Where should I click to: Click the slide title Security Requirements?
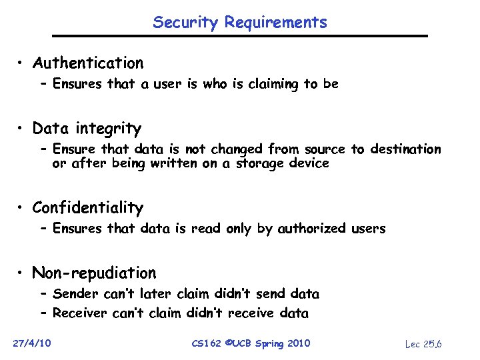[240, 22]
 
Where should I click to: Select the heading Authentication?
[88, 63]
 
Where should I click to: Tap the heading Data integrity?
[87, 128]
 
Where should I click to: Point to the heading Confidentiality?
[87, 208]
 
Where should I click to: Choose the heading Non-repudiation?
[94, 273]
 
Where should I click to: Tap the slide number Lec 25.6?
[424, 344]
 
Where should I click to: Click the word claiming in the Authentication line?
[273, 84]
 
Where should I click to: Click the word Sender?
[74, 293]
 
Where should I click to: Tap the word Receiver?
[79, 313]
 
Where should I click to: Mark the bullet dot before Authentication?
[22, 63]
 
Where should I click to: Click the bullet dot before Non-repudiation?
[22, 273]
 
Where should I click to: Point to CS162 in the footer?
[207, 343]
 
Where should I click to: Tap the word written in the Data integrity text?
[173, 163]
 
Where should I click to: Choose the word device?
[311, 163]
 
